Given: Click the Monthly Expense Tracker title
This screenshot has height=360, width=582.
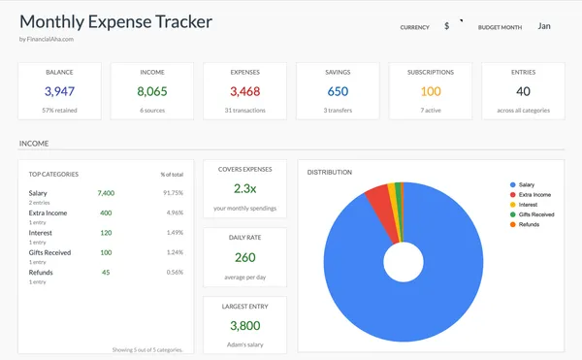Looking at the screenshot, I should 115,21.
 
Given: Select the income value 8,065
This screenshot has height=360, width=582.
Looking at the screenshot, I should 151,91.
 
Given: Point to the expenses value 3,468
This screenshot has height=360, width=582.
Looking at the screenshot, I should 244,91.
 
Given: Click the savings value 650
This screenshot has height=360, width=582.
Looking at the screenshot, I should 338,91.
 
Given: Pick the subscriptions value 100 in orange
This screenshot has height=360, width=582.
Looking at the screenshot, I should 431,91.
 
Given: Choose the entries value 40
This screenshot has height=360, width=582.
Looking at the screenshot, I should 523,91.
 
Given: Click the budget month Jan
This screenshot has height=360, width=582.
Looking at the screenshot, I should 546,26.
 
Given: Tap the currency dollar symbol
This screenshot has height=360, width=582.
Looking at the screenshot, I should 446,26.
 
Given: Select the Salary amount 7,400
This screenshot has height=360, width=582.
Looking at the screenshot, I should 106,193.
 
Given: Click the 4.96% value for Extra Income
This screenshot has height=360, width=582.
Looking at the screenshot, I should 175,213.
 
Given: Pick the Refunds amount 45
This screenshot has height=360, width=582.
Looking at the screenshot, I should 105,272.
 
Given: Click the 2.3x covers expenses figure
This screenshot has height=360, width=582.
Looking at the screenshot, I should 244,188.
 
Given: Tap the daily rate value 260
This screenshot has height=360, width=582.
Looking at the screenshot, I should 244,257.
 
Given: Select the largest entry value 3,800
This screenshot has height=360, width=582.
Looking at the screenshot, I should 244,326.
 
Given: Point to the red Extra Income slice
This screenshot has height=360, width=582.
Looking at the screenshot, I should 377,201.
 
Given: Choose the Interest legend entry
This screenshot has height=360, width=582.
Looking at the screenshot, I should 530,205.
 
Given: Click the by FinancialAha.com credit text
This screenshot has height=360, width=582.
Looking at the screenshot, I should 47,40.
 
